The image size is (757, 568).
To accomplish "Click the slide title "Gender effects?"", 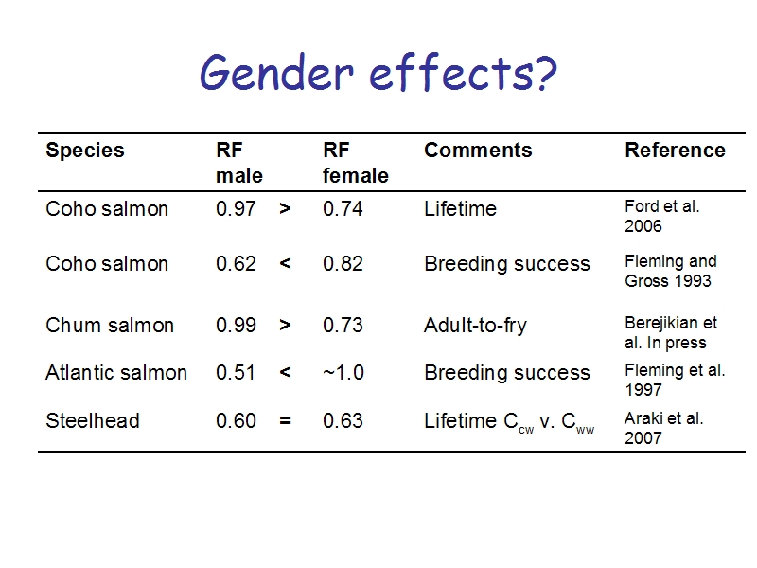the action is click(x=378, y=73).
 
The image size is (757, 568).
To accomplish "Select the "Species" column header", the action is click(x=85, y=151).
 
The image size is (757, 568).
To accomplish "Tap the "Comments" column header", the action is click(x=478, y=151).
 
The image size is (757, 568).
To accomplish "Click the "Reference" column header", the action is click(x=675, y=151).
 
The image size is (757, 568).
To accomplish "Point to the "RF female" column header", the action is click(x=356, y=163).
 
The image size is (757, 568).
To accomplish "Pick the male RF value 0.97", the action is click(x=236, y=208).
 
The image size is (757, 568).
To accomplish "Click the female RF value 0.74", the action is click(x=343, y=208).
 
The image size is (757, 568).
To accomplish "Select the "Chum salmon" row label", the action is click(x=110, y=325).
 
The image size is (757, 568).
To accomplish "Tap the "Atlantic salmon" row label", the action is click(x=116, y=372).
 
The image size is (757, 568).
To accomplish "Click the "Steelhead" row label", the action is click(x=93, y=420).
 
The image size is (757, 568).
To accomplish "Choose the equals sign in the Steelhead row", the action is click(x=285, y=420).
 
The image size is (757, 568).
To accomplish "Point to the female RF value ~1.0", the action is click(x=343, y=372).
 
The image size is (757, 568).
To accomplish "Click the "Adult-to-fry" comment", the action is click(x=476, y=326).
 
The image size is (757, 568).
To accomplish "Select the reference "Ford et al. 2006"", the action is click(x=661, y=216).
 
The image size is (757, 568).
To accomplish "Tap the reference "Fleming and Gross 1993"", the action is click(x=671, y=271).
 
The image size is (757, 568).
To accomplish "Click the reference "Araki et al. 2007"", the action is click(x=664, y=428).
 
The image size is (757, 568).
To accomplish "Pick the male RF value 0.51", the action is click(x=236, y=372).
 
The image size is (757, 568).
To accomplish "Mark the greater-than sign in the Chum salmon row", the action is click(x=285, y=325).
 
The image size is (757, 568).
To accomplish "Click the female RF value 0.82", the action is click(x=343, y=264).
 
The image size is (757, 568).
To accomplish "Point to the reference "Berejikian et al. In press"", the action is click(x=671, y=332).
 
